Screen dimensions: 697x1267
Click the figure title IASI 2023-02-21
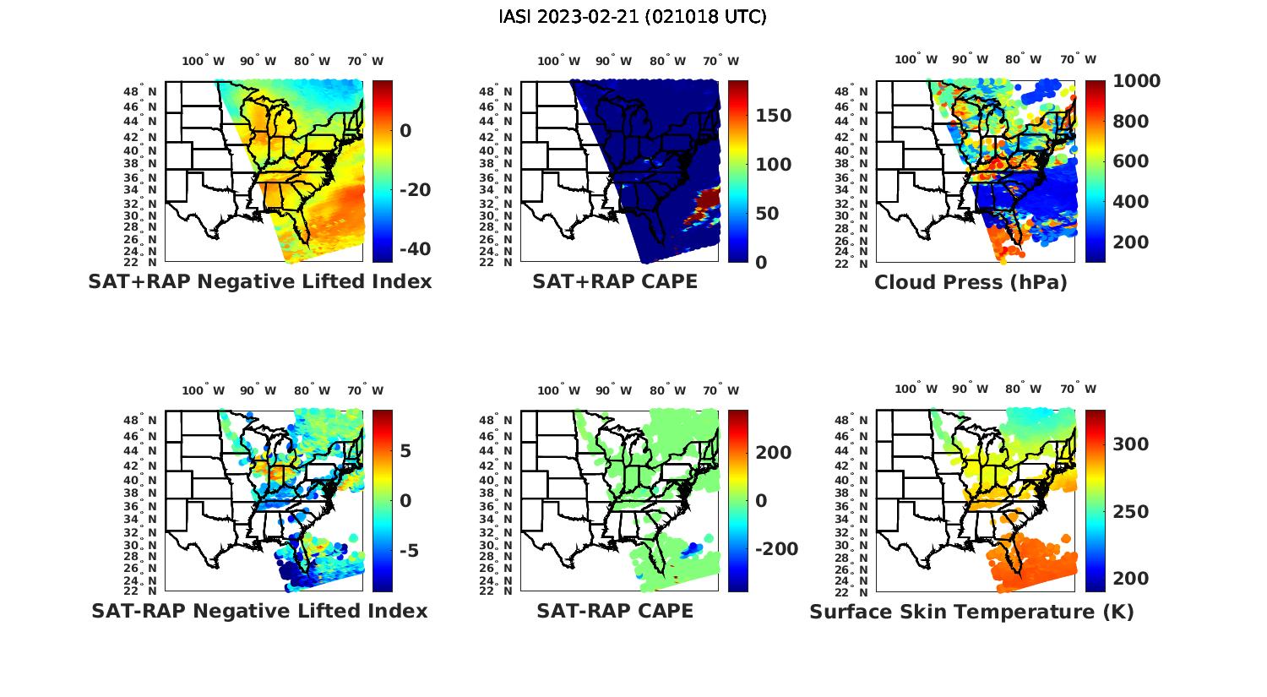633,17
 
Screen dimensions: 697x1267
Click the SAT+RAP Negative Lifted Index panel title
259,281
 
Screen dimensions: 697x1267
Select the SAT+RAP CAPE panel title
615,281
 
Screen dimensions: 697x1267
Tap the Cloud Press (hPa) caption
971,282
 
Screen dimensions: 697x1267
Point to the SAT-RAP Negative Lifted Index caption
259,611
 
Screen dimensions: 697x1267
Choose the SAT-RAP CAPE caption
615,611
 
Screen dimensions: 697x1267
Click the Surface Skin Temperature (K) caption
971,612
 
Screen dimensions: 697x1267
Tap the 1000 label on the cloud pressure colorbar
1136,81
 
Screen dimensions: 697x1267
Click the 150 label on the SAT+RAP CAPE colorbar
773,116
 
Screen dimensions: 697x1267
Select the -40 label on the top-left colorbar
414,249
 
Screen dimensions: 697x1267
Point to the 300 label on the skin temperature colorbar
1130,444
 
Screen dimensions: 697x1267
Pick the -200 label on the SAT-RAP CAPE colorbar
775,549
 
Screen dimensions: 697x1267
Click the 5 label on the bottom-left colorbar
405,451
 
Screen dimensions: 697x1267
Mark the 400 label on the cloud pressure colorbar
1130,202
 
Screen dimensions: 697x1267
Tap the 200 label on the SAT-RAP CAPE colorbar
773,453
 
